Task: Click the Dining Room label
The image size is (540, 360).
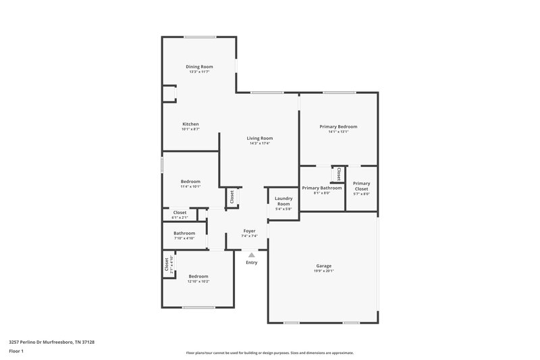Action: (x=200, y=66)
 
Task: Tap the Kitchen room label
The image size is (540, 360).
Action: (x=190, y=124)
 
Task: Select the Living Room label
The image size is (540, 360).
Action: (x=260, y=138)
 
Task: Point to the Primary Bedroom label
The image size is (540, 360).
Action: (x=338, y=126)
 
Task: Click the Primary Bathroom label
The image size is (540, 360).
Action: (x=321, y=188)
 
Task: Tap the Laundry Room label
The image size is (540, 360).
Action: (x=283, y=201)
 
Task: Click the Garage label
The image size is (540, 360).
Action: (x=323, y=265)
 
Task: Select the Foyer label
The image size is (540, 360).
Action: (x=250, y=230)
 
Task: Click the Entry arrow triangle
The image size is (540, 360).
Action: (x=251, y=255)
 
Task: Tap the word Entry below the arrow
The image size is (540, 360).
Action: (x=251, y=262)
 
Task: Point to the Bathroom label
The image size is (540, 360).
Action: (x=184, y=233)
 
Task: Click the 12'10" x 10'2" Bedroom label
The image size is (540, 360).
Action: (x=198, y=276)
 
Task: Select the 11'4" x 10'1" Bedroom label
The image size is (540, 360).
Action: (x=190, y=181)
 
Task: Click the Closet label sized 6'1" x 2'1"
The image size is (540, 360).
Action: (x=180, y=212)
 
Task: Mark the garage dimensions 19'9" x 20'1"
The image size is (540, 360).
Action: (x=323, y=272)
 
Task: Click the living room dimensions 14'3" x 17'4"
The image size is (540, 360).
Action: (x=260, y=143)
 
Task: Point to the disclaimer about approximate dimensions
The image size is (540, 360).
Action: (x=269, y=353)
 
